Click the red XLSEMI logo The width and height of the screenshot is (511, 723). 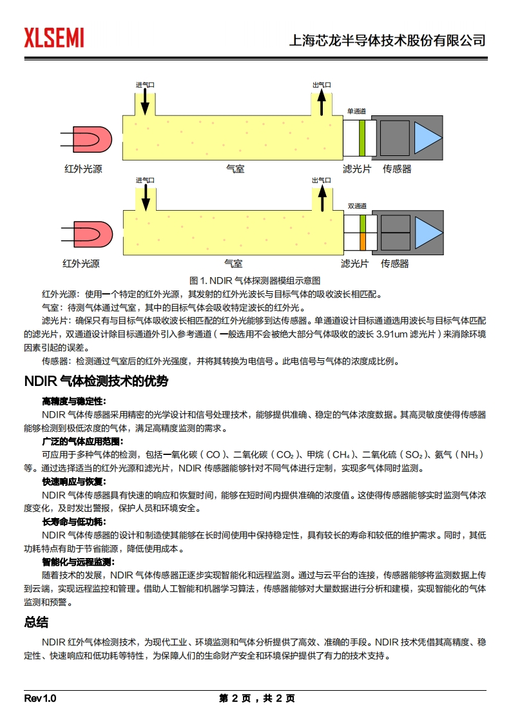[x=54, y=38]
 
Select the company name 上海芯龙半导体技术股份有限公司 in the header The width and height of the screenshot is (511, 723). [x=388, y=40]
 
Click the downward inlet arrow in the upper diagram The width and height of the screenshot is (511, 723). [x=145, y=101]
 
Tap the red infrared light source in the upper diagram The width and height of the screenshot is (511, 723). [x=91, y=139]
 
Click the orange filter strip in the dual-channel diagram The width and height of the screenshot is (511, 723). [x=362, y=241]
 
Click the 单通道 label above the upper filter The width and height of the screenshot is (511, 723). [x=356, y=111]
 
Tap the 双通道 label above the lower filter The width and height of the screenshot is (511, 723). [x=356, y=206]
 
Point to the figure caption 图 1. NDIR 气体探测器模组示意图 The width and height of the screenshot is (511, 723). [x=255, y=281]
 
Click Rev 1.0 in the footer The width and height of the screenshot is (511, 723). [x=41, y=699]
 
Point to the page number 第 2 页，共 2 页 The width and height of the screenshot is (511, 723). [x=256, y=699]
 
